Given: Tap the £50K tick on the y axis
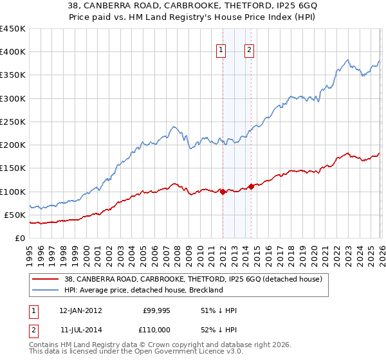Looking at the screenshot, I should pos(15,215).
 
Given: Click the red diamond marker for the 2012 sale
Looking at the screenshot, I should pos(223,192).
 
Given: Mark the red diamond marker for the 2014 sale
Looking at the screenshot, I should pos(251,187).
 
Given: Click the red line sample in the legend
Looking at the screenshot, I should pos(45,279).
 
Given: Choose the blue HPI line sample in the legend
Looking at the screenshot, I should pos(45,290).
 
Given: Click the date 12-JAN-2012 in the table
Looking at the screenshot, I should pos(82,310).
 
